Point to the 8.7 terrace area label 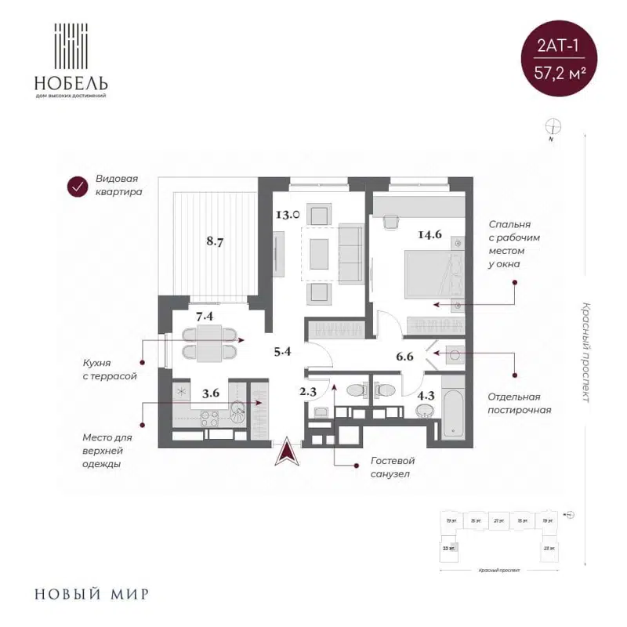click(216, 241)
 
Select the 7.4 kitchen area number click(205, 317)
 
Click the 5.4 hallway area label click(281, 351)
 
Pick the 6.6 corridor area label click(405, 357)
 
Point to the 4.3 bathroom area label click(426, 396)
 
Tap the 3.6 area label click(210, 393)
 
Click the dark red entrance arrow click(287, 452)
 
